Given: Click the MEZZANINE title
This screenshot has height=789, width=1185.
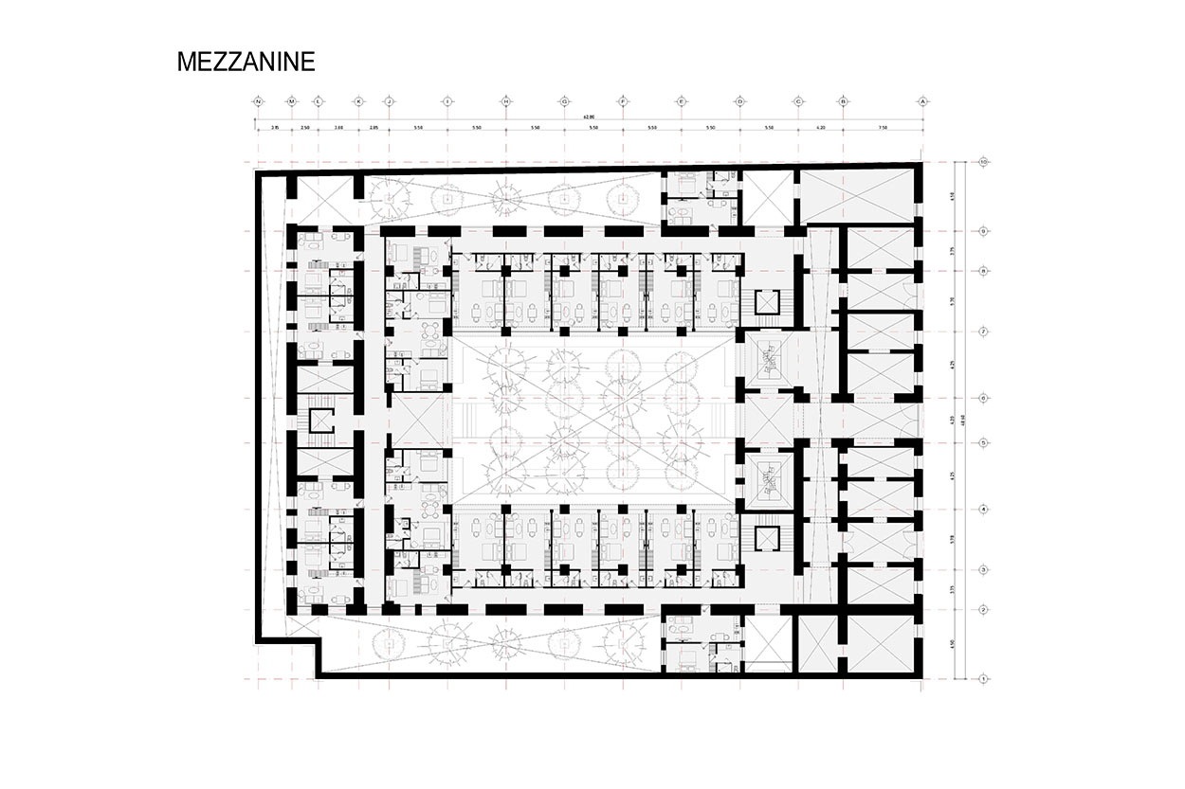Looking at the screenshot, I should pos(246,63).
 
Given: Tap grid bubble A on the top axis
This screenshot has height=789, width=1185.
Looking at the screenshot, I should pos(921,100).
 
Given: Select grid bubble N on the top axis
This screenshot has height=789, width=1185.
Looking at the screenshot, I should pos(258,100).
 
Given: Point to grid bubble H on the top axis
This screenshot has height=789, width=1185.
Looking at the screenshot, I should pos(507,100).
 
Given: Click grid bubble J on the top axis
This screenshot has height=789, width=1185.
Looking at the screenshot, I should pos(389,100).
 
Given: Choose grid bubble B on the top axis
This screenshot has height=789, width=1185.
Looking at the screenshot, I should pos(843,100).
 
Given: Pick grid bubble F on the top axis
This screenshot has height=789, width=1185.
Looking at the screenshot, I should pos(623,100).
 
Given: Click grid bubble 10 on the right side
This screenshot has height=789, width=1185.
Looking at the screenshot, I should pos(985,162).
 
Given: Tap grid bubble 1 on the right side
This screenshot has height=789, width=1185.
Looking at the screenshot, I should pos(985,678).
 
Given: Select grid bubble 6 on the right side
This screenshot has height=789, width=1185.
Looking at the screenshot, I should pos(985,398).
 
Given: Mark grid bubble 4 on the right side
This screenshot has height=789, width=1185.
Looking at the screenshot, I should pos(985,510).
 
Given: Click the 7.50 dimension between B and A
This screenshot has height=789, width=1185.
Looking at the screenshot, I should pos(883,127).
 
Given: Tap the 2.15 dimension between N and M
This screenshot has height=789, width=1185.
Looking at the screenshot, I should pos(274,127).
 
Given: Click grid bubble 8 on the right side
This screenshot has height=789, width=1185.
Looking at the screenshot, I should pos(985,271).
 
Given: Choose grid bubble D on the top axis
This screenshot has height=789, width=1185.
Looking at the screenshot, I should pos(739,100).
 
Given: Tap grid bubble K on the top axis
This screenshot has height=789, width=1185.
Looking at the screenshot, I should pos(358,100).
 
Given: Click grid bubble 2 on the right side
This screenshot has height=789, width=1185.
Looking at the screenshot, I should pos(985,609).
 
